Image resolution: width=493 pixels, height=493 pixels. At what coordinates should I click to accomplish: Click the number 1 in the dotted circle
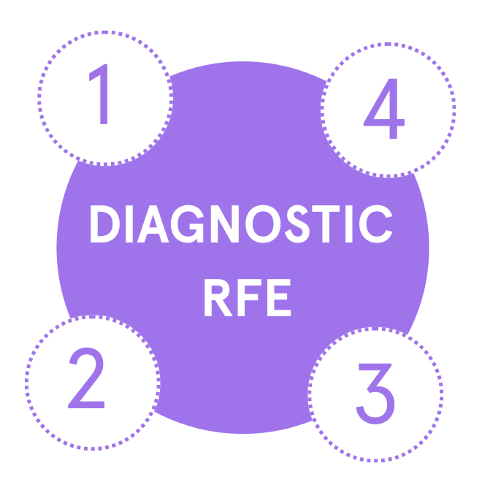pos(102,96)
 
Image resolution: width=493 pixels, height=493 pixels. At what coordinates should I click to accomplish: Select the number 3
pos(375,394)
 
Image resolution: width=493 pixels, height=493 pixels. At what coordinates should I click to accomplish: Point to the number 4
pos(385,112)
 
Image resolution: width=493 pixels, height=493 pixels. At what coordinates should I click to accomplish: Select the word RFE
pos(246,296)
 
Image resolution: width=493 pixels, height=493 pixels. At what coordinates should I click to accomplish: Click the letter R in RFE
pos(217,296)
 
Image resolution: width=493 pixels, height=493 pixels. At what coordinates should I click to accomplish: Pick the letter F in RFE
pos(248,296)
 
